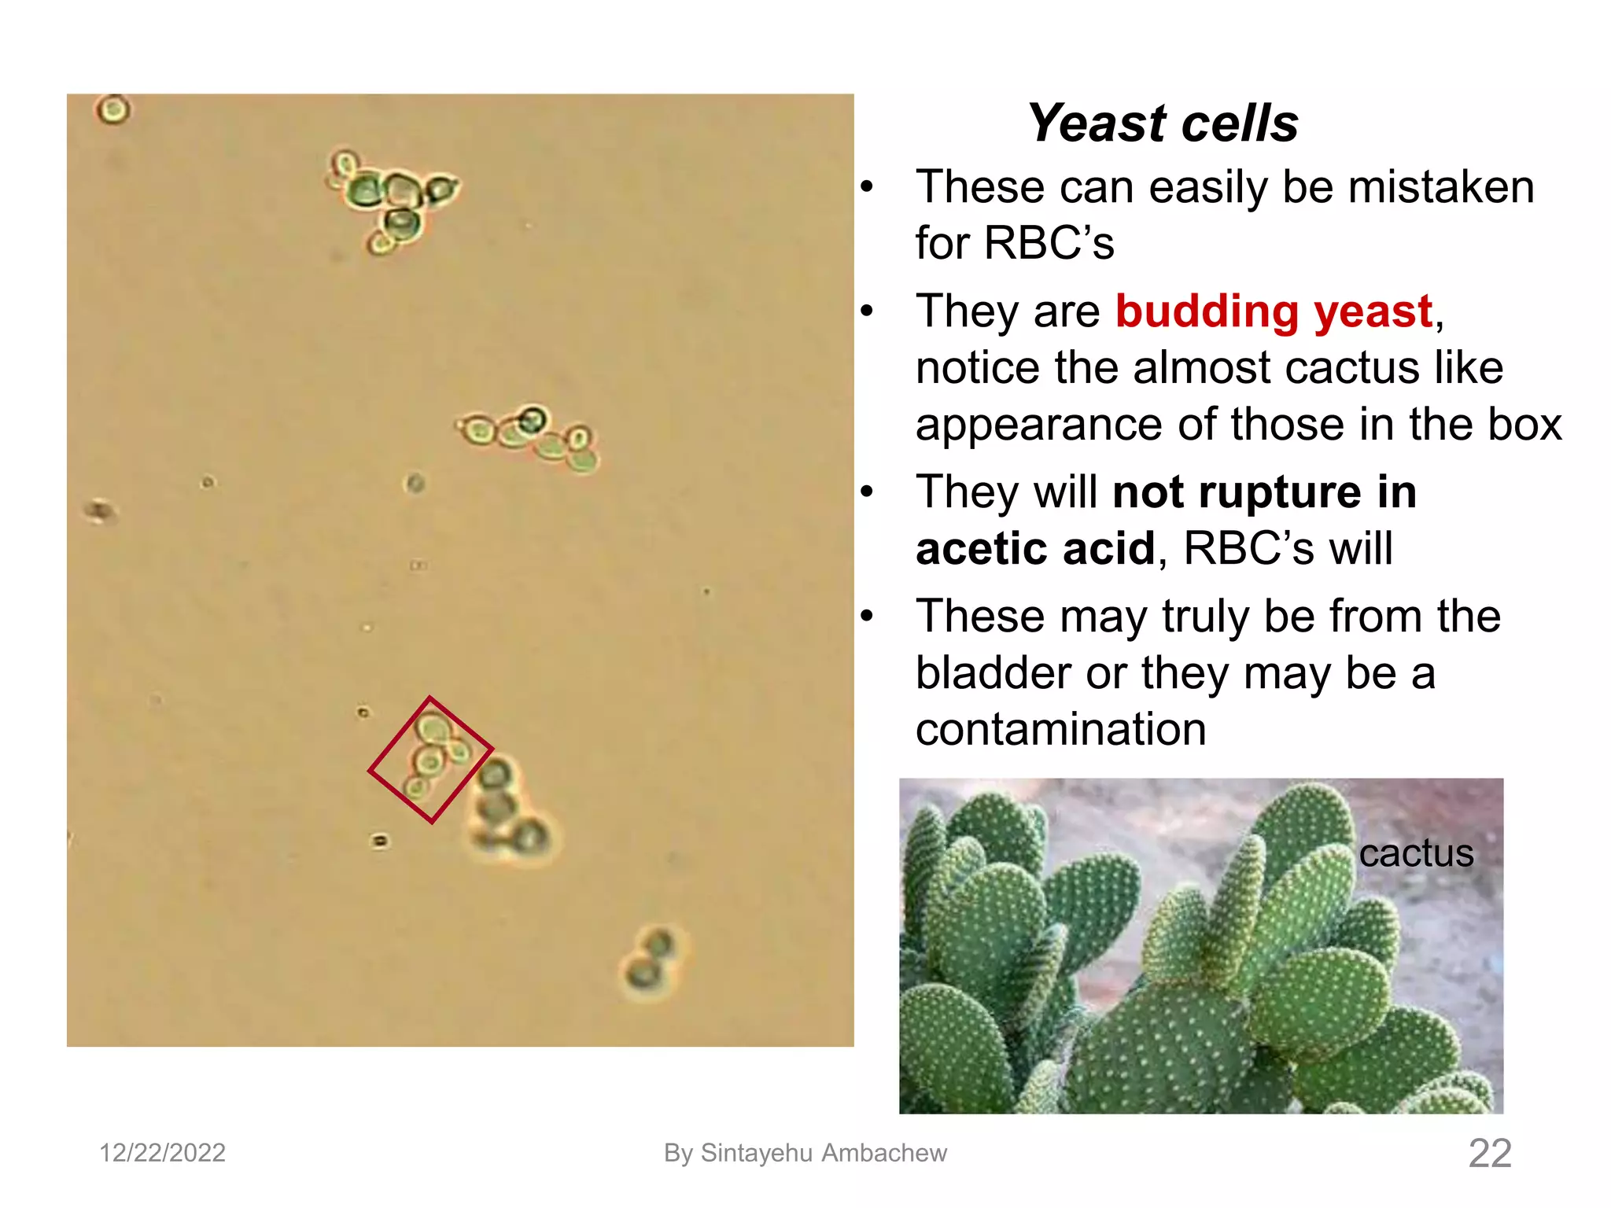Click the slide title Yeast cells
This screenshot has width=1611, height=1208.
1163,123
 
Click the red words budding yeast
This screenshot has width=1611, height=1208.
1274,311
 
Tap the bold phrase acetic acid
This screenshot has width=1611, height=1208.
1035,548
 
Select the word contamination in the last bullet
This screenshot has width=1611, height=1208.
1060,729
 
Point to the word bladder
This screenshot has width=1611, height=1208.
993,673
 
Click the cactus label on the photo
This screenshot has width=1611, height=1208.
1416,853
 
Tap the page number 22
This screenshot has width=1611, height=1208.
1489,1153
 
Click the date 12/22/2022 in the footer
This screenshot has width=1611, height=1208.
162,1153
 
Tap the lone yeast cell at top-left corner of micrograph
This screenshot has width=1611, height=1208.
113,109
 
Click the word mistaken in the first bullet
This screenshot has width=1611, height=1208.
1440,187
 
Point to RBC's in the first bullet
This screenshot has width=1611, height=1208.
1049,243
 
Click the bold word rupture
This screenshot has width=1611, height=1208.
1279,492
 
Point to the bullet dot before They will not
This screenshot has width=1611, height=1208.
867,492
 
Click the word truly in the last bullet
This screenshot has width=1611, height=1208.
1205,616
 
